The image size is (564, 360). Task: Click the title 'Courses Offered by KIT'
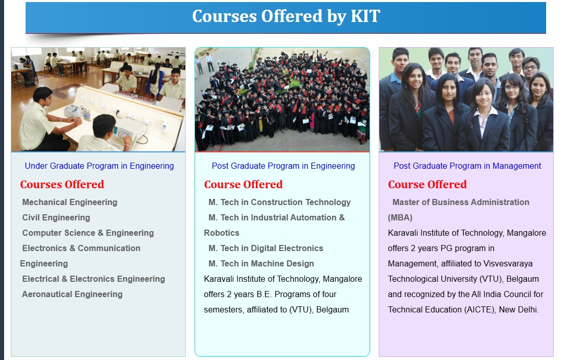286,16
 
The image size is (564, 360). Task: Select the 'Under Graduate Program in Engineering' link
99,166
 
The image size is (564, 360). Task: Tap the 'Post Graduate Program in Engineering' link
283,166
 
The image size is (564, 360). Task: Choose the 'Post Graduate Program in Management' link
467,166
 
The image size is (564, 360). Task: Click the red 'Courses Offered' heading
62,184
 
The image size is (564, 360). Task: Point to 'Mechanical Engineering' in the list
70,202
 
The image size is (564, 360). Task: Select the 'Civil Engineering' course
56,218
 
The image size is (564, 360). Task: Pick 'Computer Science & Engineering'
88,233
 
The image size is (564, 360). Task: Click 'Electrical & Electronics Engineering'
94,279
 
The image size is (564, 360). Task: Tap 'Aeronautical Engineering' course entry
72,294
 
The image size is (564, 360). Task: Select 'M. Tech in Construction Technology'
279,202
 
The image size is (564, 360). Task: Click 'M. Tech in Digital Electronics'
266,248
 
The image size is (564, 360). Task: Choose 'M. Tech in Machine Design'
261,264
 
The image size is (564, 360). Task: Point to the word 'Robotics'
222,233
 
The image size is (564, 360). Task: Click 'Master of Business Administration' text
461,202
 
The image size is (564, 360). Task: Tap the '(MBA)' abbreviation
400,218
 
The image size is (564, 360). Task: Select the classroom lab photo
98,100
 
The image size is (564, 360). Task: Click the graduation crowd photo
283,100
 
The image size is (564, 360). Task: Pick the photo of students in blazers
466,100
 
